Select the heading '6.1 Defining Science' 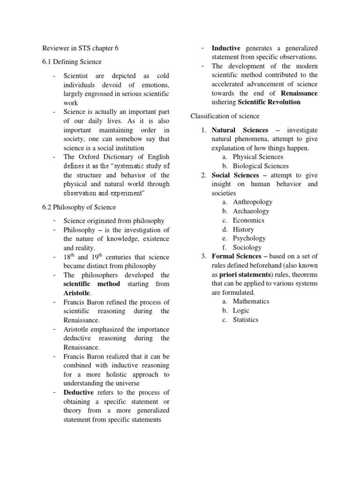point(72,62)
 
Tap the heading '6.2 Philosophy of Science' point(79,207)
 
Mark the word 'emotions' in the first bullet point(155,85)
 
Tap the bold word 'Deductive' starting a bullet point(78,392)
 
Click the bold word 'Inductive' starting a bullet point(226,48)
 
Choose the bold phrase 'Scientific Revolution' point(269,103)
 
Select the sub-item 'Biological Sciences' point(261,166)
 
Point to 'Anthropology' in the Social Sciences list point(253,202)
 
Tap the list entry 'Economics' point(248,220)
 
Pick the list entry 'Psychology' point(249,239)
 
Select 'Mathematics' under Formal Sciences point(251,301)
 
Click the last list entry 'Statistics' point(245,320)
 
